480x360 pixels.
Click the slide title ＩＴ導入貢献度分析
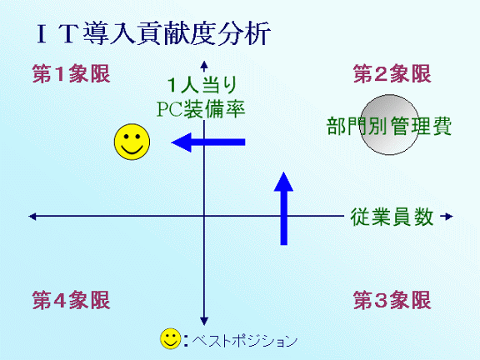pyautogui.click(x=153, y=33)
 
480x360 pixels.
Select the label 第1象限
pyautogui.click(x=72, y=74)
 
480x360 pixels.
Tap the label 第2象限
pyautogui.click(x=392, y=74)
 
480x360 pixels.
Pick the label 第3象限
pyautogui.click(x=392, y=300)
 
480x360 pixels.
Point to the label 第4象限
pyautogui.click(x=72, y=300)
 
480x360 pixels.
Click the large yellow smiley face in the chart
pyautogui.click(x=132, y=142)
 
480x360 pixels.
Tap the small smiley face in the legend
pyautogui.click(x=171, y=339)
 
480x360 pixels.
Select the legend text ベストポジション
pyautogui.click(x=245, y=340)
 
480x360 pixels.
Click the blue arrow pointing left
pyautogui.click(x=208, y=142)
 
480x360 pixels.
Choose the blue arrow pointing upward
pyautogui.click(x=284, y=208)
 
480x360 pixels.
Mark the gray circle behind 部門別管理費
pyautogui.click(x=389, y=124)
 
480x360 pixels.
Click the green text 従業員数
pyautogui.click(x=392, y=217)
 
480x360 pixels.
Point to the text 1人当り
pyautogui.click(x=202, y=85)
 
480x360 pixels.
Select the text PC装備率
pyautogui.click(x=201, y=108)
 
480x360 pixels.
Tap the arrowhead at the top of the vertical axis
pyautogui.click(x=204, y=65)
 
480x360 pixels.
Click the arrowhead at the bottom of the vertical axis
pyautogui.click(x=204, y=321)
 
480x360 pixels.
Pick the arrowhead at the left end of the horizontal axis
pyautogui.click(x=32, y=217)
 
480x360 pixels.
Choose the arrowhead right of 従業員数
pyautogui.click(x=448, y=217)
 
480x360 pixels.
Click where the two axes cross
pyautogui.click(x=204, y=216)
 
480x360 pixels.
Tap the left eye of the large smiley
pyautogui.click(x=127, y=136)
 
